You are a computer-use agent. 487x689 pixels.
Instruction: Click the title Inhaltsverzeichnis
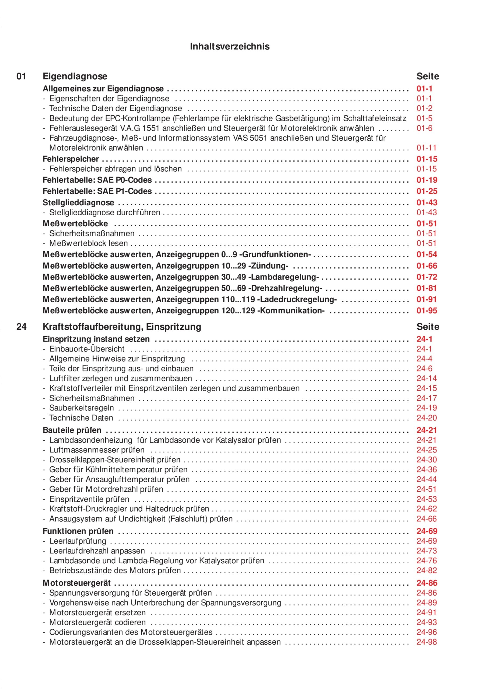tap(230, 47)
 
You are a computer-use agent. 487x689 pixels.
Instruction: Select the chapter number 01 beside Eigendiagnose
tap(21, 76)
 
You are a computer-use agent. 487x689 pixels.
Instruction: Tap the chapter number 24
tap(21, 326)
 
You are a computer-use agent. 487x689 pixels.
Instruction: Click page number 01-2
tap(424, 108)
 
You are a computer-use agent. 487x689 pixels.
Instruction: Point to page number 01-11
tap(426, 148)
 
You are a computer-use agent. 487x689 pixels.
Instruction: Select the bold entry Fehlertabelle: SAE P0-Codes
tap(97, 180)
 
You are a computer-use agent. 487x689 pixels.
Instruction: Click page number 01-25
tap(427, 191)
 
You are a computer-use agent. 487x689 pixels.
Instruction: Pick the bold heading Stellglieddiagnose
tap(78, 203)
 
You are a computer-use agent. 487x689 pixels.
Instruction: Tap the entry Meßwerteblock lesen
tap(88, 243)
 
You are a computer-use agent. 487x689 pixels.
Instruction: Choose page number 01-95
tap(427, 311)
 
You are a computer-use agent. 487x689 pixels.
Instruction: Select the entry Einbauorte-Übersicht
tap(87, 349)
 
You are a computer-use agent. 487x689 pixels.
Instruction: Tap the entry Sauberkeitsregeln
tap(81, 408)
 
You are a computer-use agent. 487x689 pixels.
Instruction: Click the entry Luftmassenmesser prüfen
tap(97, 450)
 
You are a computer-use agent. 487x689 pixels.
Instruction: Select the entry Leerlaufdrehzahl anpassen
tap(97, 551)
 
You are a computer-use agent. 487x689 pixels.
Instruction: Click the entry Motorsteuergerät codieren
tap(97, 622)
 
